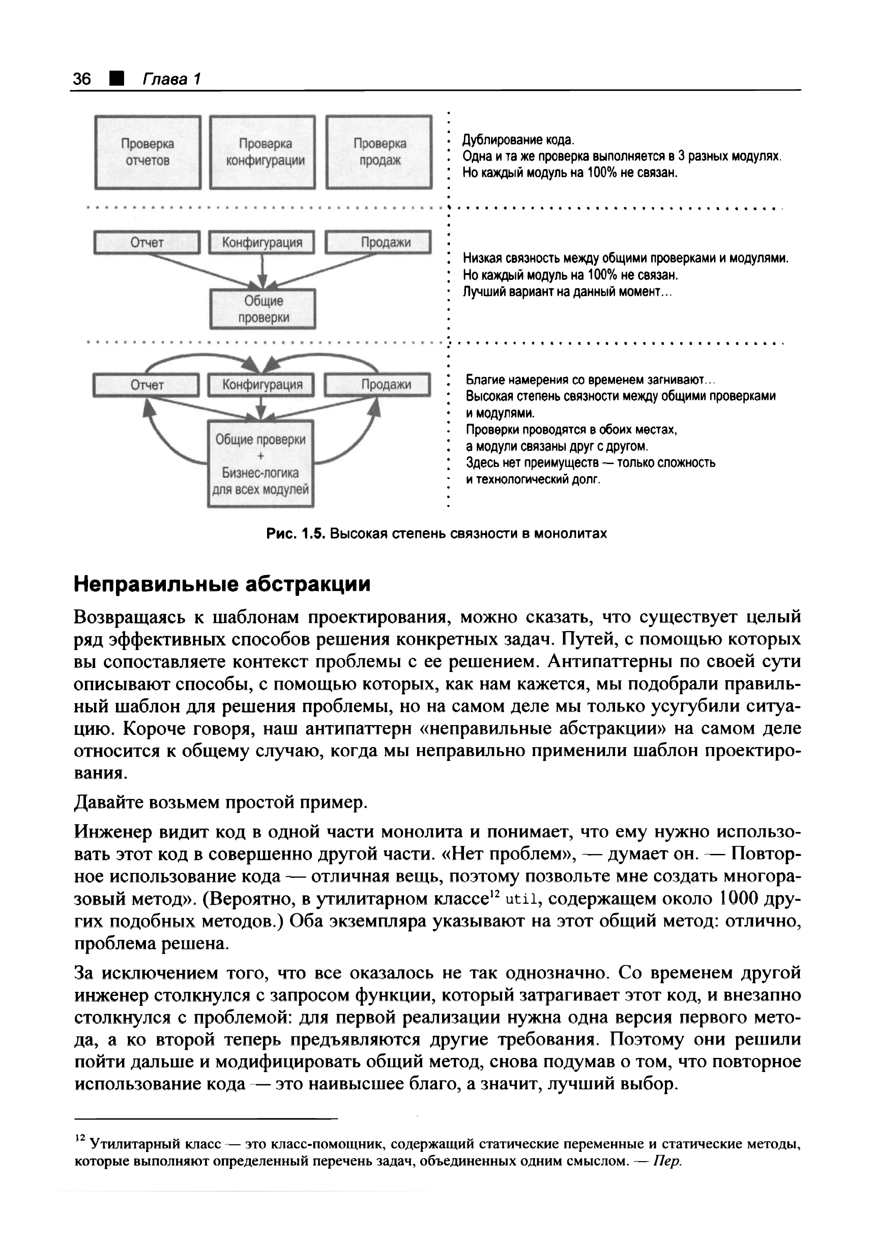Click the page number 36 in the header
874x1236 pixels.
click(82, 79)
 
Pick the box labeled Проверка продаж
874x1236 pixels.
click(379, 152)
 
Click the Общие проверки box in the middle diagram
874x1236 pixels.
click(263, 309)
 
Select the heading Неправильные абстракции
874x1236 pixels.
click(222, 584)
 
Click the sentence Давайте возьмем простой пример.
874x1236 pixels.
click(221, 803)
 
